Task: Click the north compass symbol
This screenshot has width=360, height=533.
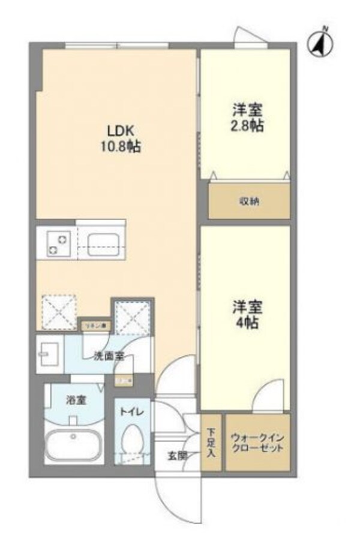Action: pyautogui.click(x=320, y=43)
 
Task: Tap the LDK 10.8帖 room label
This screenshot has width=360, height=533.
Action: pyautogui.click(x=124, y=138)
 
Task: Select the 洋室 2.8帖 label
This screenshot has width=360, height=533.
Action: pyautogui.click(x=247, y=118)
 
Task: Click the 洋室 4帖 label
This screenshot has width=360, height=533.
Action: pyautogui.click(x=247, y=314)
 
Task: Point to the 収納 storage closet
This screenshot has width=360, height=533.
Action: pyautogui.click(x=248, y=201)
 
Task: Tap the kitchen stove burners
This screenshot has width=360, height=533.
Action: pyautogui.click(x=57, y=243)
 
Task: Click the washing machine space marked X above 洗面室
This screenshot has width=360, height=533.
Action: pyautogui.click(x=132, y=314)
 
